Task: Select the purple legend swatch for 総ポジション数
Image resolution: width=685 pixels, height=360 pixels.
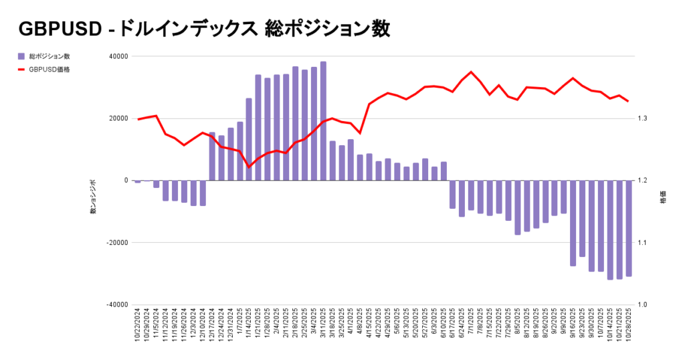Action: tap(22, 56)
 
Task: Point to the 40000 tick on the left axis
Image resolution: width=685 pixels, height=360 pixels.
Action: tap(118, 56)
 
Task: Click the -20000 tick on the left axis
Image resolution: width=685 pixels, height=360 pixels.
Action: tap(117, 242)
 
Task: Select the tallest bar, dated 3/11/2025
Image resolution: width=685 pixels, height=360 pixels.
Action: tap(323, 121)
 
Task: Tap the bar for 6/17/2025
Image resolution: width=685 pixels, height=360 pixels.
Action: tap(453, 194)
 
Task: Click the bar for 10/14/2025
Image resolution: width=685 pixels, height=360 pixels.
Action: tap(610, 230)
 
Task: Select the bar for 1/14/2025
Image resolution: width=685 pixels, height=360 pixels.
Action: tap(249, 139)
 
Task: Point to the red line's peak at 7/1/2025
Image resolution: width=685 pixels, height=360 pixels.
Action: tap(471, 72)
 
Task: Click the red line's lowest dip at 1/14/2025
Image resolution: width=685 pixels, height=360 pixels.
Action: tap(249, 167)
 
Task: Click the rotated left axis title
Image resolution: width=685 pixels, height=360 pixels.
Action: tap(93, 197)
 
